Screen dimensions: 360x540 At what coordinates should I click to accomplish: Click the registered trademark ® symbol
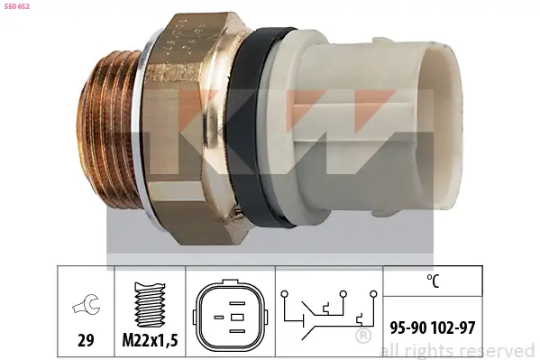[x=362, y=337]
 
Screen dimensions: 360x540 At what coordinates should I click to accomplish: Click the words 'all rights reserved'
[x=458, y=350]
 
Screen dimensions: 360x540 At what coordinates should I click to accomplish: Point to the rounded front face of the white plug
[x=442, y=117]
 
